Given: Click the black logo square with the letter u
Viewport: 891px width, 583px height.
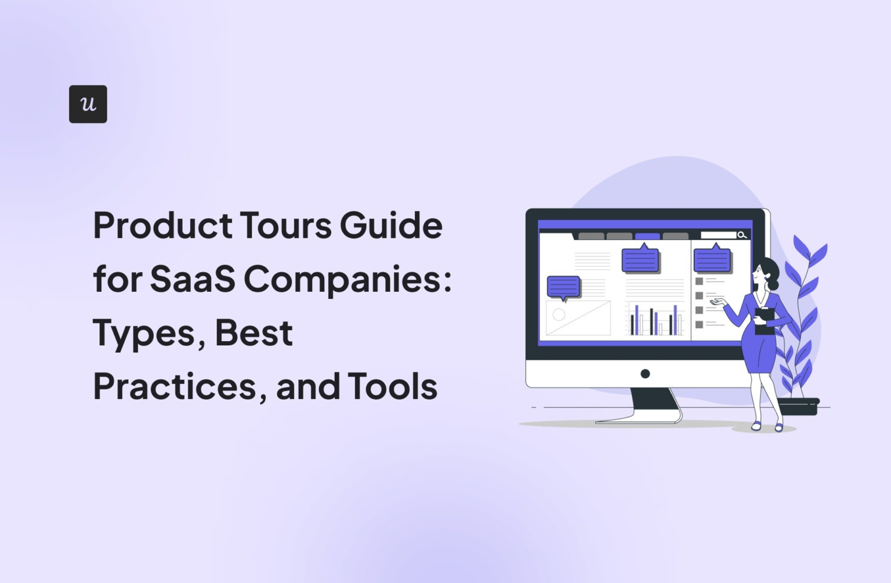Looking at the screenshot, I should (88, 104).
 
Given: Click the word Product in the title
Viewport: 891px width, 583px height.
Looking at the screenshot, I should (162, 225).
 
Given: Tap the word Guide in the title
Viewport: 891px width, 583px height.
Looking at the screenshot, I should (391, 225).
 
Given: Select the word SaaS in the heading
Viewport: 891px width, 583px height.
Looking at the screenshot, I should (193, 279).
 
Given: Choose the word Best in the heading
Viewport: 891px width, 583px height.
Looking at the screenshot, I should (253, 332).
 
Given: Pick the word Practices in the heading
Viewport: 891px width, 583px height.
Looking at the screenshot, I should (175, 386).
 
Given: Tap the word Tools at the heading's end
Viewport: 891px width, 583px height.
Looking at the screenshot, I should (392, 386).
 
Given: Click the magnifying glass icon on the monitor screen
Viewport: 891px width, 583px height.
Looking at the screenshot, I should (741, 235).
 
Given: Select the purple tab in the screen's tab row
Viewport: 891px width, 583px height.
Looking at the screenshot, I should (647, 236).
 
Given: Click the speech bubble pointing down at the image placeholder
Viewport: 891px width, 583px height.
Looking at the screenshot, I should (563, 287).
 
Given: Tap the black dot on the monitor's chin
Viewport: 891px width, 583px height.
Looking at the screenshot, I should (645, 374).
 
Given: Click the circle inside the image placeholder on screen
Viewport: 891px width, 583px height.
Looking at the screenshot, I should (559, 315).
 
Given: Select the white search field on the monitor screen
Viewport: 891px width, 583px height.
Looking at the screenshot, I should (718, 235).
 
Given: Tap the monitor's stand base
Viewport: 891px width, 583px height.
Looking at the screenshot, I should (638, 419).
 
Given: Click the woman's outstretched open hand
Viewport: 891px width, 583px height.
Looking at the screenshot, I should (718, 301).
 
